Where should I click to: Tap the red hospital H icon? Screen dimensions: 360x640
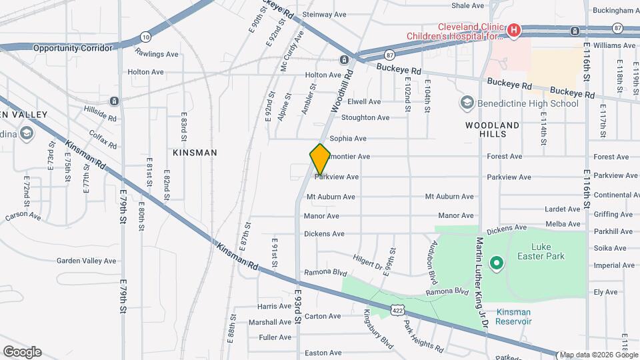pyautogui.click(x=513, y=30)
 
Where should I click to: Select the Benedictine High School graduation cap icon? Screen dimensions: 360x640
pyautogui.click(x=467, y=103)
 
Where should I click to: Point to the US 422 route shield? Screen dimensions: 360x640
pyautogui.click(x=398, y=309)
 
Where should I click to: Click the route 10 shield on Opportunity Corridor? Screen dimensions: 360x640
pyautogui.click(x=145, y=37)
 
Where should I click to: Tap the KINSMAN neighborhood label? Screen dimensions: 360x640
pyautogui.click(x=195, y=153)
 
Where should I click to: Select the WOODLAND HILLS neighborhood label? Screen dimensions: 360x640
pyautogui.click(x=492, y=129)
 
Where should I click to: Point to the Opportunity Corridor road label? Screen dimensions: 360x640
pyautogui.click(x=73, y=48)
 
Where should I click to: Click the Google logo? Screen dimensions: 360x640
pyautogui.click(x=22, y=352)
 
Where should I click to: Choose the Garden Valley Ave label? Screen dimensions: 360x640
pyautogui.click(x=86, y=261)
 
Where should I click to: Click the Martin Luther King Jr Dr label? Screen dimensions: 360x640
pyautogui.click(x=483, y=283)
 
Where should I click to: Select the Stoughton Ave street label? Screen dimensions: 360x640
pyautogui.click(x=365, y=118)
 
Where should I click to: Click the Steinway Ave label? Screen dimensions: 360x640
pyautogui.click(x=325, y=14)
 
